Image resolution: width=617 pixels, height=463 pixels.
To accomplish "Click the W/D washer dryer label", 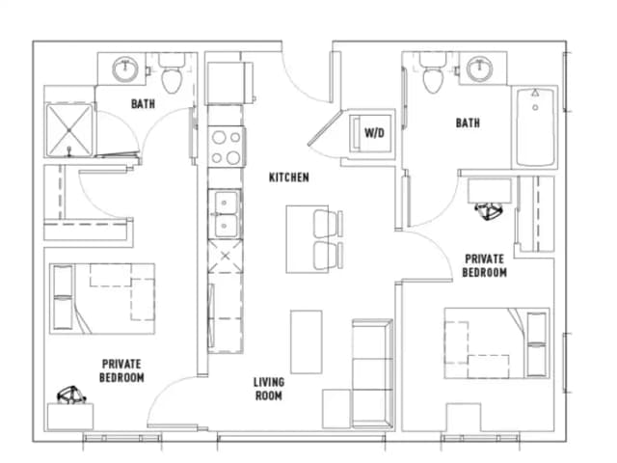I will tap(370, 132).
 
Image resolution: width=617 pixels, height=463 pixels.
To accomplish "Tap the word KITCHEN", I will tap(288, 177).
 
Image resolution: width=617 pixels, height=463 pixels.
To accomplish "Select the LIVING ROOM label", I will tap(269, 389).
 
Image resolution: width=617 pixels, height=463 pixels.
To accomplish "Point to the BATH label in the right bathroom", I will tap(469, 123).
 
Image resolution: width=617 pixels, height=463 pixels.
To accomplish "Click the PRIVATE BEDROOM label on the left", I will tap(122, 370).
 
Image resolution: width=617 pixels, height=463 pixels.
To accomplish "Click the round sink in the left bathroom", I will tap(125, 69).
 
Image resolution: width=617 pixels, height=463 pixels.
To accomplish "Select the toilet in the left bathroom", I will tap(174, 77).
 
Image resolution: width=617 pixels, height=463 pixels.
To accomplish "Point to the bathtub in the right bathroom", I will tap(536, 127).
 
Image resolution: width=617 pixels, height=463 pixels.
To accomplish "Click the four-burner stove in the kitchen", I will tap(227, 148).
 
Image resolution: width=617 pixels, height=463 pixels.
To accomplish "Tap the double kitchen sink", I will tap(228, 214).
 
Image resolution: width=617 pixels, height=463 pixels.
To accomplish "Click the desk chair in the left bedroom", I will tap(68, 395).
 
